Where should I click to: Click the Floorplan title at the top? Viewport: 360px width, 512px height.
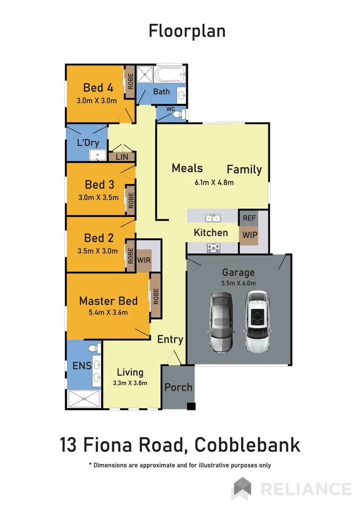(187, 31)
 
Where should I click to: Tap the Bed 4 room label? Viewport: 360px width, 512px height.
(98, 87)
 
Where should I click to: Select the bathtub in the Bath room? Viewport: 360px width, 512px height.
(170, 76)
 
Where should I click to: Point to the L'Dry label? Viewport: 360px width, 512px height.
(88, 143)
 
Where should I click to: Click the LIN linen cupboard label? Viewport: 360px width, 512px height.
(121, 157)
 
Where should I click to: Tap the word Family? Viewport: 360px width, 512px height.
(244, 169)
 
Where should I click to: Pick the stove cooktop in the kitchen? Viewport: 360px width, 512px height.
(214, 248)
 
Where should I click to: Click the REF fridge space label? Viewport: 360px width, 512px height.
(249, 218)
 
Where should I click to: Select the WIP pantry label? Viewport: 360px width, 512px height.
(249, 235)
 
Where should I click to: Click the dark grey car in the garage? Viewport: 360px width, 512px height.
(221, 322)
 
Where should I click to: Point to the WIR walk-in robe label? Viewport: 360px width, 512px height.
(144, 260)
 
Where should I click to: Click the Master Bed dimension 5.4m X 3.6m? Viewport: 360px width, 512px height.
(108, 312)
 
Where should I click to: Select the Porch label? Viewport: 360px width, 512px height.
(178, 387)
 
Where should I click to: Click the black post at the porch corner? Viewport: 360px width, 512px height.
(192, 406)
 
